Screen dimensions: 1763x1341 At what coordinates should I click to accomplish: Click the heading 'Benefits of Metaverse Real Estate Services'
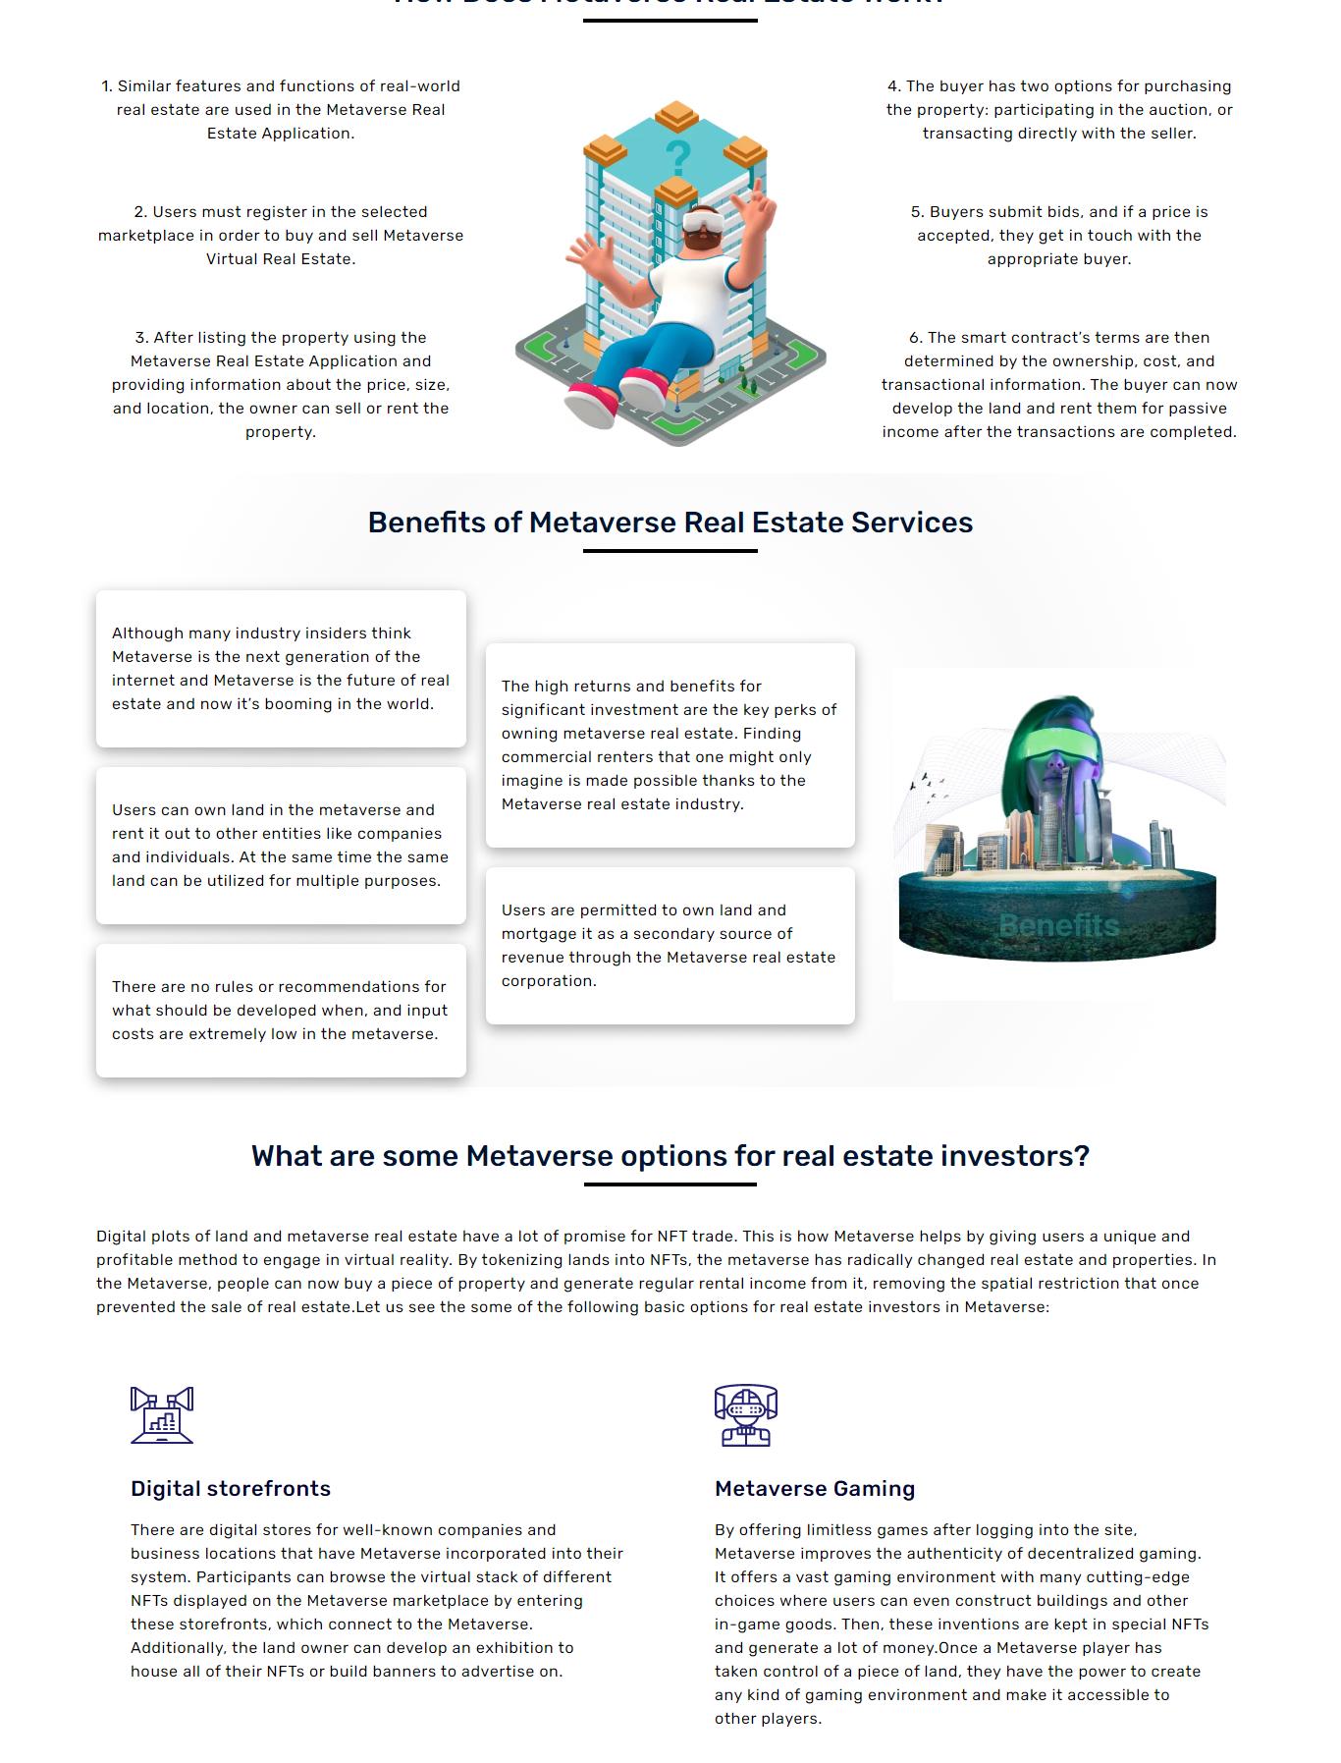pyautogui.click(x=670, y=523)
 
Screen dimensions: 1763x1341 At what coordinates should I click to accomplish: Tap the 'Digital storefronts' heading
pyautogui.click(x=231, y=1488)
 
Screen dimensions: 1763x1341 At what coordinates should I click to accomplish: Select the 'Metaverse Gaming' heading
pyautogui.click(x=815, y=1488)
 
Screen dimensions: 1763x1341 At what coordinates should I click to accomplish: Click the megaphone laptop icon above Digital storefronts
pyautogui.click(x=162, y=1414)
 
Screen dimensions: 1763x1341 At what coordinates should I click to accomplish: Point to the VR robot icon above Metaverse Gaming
pyautogui.click(x=746, y=1415)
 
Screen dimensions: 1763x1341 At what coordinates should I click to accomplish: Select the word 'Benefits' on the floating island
pyautogui.click(x=1058, y=925)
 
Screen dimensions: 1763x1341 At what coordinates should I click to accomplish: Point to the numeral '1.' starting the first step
pyautogui.click(x=107, y=86)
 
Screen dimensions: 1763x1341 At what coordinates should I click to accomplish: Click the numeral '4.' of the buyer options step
pyautogui.click(x=894, y=86)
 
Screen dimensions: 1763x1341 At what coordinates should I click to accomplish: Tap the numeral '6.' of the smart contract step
pyautogui.click(x=916, y=338)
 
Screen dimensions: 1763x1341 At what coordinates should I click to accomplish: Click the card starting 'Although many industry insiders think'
pyautogui.click(x=281, y=669)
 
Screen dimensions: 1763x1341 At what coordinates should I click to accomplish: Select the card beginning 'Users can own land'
pyautogui.click(x=281, y=846)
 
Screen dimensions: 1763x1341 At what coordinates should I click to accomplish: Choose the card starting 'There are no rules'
pyautogui.click(x=281, y=1011)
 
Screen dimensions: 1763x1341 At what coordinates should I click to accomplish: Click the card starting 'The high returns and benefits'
pyautogui.click(x=670, y=745)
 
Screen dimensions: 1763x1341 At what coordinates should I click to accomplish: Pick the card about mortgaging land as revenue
pyautogui.click(x=670, y=946)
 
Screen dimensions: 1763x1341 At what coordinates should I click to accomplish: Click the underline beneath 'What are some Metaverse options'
pyautogui.click(x=670, y=1185)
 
